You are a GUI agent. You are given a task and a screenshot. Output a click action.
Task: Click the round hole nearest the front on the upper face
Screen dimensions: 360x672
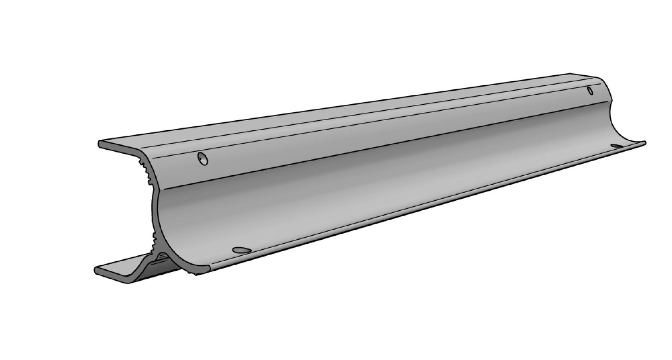pyautogui.click(x=203, y=158)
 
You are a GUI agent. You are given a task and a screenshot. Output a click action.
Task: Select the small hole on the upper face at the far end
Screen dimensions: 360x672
pyautogui.click(x=590, y=90)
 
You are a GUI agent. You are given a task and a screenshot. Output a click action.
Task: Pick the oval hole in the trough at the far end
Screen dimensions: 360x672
pyautogui.click(x=617, y=146)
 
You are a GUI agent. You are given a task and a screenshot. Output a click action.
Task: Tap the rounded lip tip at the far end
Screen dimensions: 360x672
pyautogui.click(x=645, y=143)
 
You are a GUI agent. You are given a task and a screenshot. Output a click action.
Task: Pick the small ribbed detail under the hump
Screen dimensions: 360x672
pyautogui.click(x=162, y=256)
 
